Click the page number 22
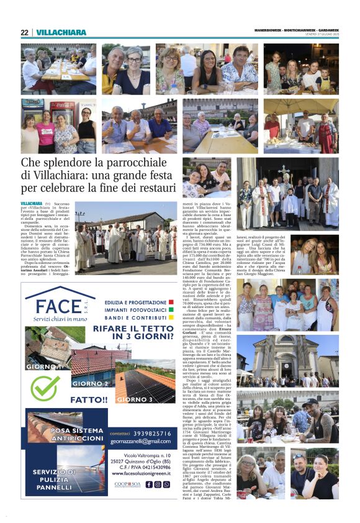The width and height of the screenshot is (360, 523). point(24,33)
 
